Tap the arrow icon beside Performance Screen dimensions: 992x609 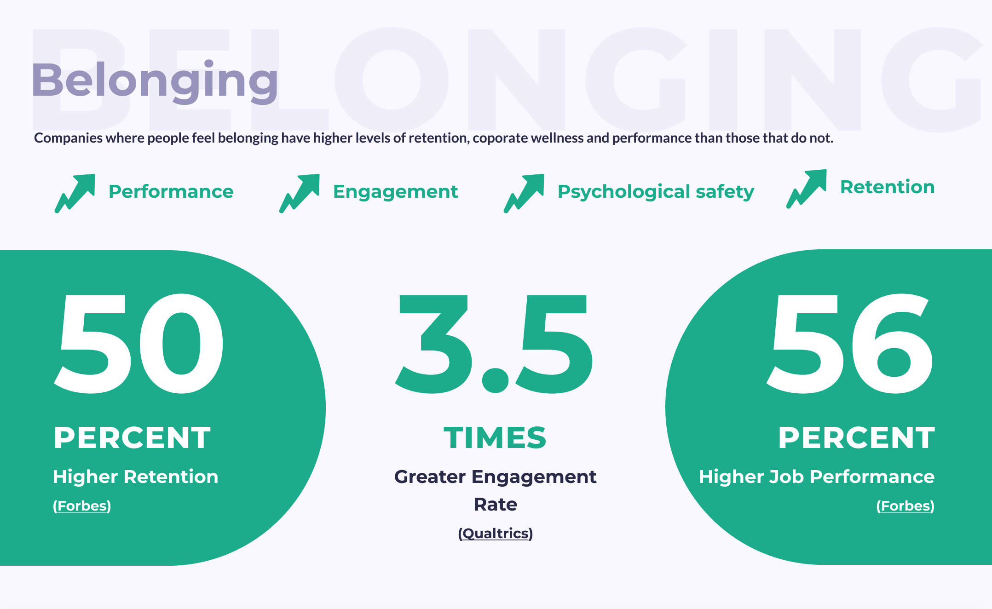pos(75,193)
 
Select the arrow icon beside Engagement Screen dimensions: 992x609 pos(300,193)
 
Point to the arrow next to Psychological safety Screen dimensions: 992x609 pos(524,193)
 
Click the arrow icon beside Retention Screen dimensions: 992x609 pos(807,189)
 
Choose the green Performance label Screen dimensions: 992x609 pos(171,191)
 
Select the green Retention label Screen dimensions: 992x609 pos(888,187)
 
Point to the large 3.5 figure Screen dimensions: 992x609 pos(495,344)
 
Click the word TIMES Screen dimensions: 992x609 pos(495,437)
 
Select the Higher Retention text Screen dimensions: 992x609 pos(135,477)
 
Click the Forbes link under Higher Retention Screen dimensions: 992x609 pos(82,506)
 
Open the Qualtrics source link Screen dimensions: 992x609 pos(496,534)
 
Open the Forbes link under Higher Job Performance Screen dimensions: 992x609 pos(905,506)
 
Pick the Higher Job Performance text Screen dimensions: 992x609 pos(817,477)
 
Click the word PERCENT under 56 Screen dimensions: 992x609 pos(857,437)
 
